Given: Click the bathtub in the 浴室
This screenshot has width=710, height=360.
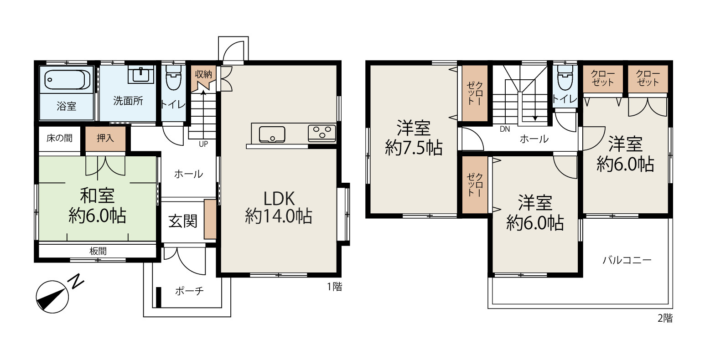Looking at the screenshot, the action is (66, 79).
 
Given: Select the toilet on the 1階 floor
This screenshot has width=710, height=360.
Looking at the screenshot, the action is (173, 78).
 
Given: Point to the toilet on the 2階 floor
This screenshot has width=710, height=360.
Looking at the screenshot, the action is (565, 78).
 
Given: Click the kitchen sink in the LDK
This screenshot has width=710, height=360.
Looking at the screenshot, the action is (272, 134).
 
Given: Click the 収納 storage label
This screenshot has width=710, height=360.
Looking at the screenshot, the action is (203, 74).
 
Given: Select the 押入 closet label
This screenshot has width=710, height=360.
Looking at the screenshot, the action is (105, 138).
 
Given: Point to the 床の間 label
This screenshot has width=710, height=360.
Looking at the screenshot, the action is (59, 138).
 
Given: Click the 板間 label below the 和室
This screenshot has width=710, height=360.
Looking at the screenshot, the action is (98, 252).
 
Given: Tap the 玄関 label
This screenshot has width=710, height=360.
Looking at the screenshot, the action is (183, 221).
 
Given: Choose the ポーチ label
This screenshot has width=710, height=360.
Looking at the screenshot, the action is (189, 291).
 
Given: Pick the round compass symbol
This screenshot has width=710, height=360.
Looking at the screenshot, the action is (52, 297).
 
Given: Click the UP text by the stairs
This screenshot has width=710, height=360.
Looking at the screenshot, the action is (203, 144).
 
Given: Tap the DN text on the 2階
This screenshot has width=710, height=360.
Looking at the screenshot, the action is (505, 129).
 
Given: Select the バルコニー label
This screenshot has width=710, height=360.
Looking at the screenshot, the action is (627, 260).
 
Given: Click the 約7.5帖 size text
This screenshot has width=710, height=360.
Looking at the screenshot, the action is (414, 148).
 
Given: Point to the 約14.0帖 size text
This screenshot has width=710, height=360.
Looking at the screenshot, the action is (279, 216).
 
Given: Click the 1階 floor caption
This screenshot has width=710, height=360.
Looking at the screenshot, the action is (335, 287).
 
